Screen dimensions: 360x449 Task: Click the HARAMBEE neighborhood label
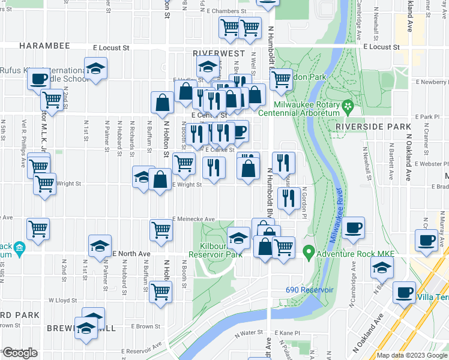tap(44, 46)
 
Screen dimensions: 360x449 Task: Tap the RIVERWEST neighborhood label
tap(218, 53)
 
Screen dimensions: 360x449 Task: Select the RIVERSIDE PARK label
tap(373, 127)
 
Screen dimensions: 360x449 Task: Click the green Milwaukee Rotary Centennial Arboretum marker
tap(348, 108)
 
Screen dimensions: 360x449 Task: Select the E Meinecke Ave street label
tap(193, 220)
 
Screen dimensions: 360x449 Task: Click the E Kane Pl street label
tap(287, 332)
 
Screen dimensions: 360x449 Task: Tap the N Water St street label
tap(249, 332)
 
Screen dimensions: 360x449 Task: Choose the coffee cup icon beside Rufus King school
tap(38, 79)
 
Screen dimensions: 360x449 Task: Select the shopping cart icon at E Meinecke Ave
tap(160, 229)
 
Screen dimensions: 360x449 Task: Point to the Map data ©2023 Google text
tap(411, 355)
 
